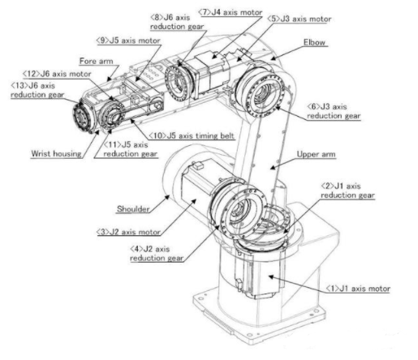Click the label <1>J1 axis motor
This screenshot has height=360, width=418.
tap(358, 289)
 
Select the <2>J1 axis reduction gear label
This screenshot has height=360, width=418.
tap(347, 191)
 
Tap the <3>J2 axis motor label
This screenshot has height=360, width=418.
tap(128, 232)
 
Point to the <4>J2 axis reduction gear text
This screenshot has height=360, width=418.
tap(157, 254)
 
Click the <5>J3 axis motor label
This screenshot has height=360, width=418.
tap(299, 19)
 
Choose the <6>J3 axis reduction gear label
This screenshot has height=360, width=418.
tap(334, 111)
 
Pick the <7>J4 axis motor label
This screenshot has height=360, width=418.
tap(231, 12)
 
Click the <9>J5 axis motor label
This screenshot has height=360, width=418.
tap(128, 41)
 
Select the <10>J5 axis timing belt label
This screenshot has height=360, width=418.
tap(192, 135)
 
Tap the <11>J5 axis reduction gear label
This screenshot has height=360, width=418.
tap(130, 149)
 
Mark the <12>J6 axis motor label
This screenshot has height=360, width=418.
tap(57, 74)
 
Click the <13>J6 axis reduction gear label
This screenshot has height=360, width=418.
tap(37, 90)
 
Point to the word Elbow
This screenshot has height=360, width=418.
tap(314, 42)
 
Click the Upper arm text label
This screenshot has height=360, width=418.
tap(316, 154)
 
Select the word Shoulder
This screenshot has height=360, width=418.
tap(133, 209)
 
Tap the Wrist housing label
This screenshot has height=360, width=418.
tap(56, 154)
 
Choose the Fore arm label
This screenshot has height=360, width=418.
tap(97, 61)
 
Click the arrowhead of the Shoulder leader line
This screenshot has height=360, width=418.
tap(168, 197)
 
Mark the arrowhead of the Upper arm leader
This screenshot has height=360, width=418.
tap(273, 168)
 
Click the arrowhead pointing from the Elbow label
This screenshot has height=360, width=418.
tap(273, 58)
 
